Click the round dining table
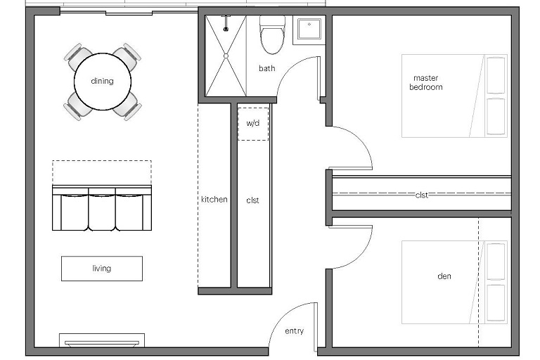(103, 82)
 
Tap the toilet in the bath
(272, 34)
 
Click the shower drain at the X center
(226, 56)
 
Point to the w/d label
(253, 123)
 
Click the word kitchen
(214, 199)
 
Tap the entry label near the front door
(295, 331)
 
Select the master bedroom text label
(426, 83)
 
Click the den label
(444, 276)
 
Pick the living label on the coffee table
(102, 268)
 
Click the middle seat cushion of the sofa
(102, 212)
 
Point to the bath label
(267, 68)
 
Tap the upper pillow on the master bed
(496, 75)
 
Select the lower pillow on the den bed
(496, 302)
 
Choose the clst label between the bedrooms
(422, 195)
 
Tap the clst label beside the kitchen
(253, 200)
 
